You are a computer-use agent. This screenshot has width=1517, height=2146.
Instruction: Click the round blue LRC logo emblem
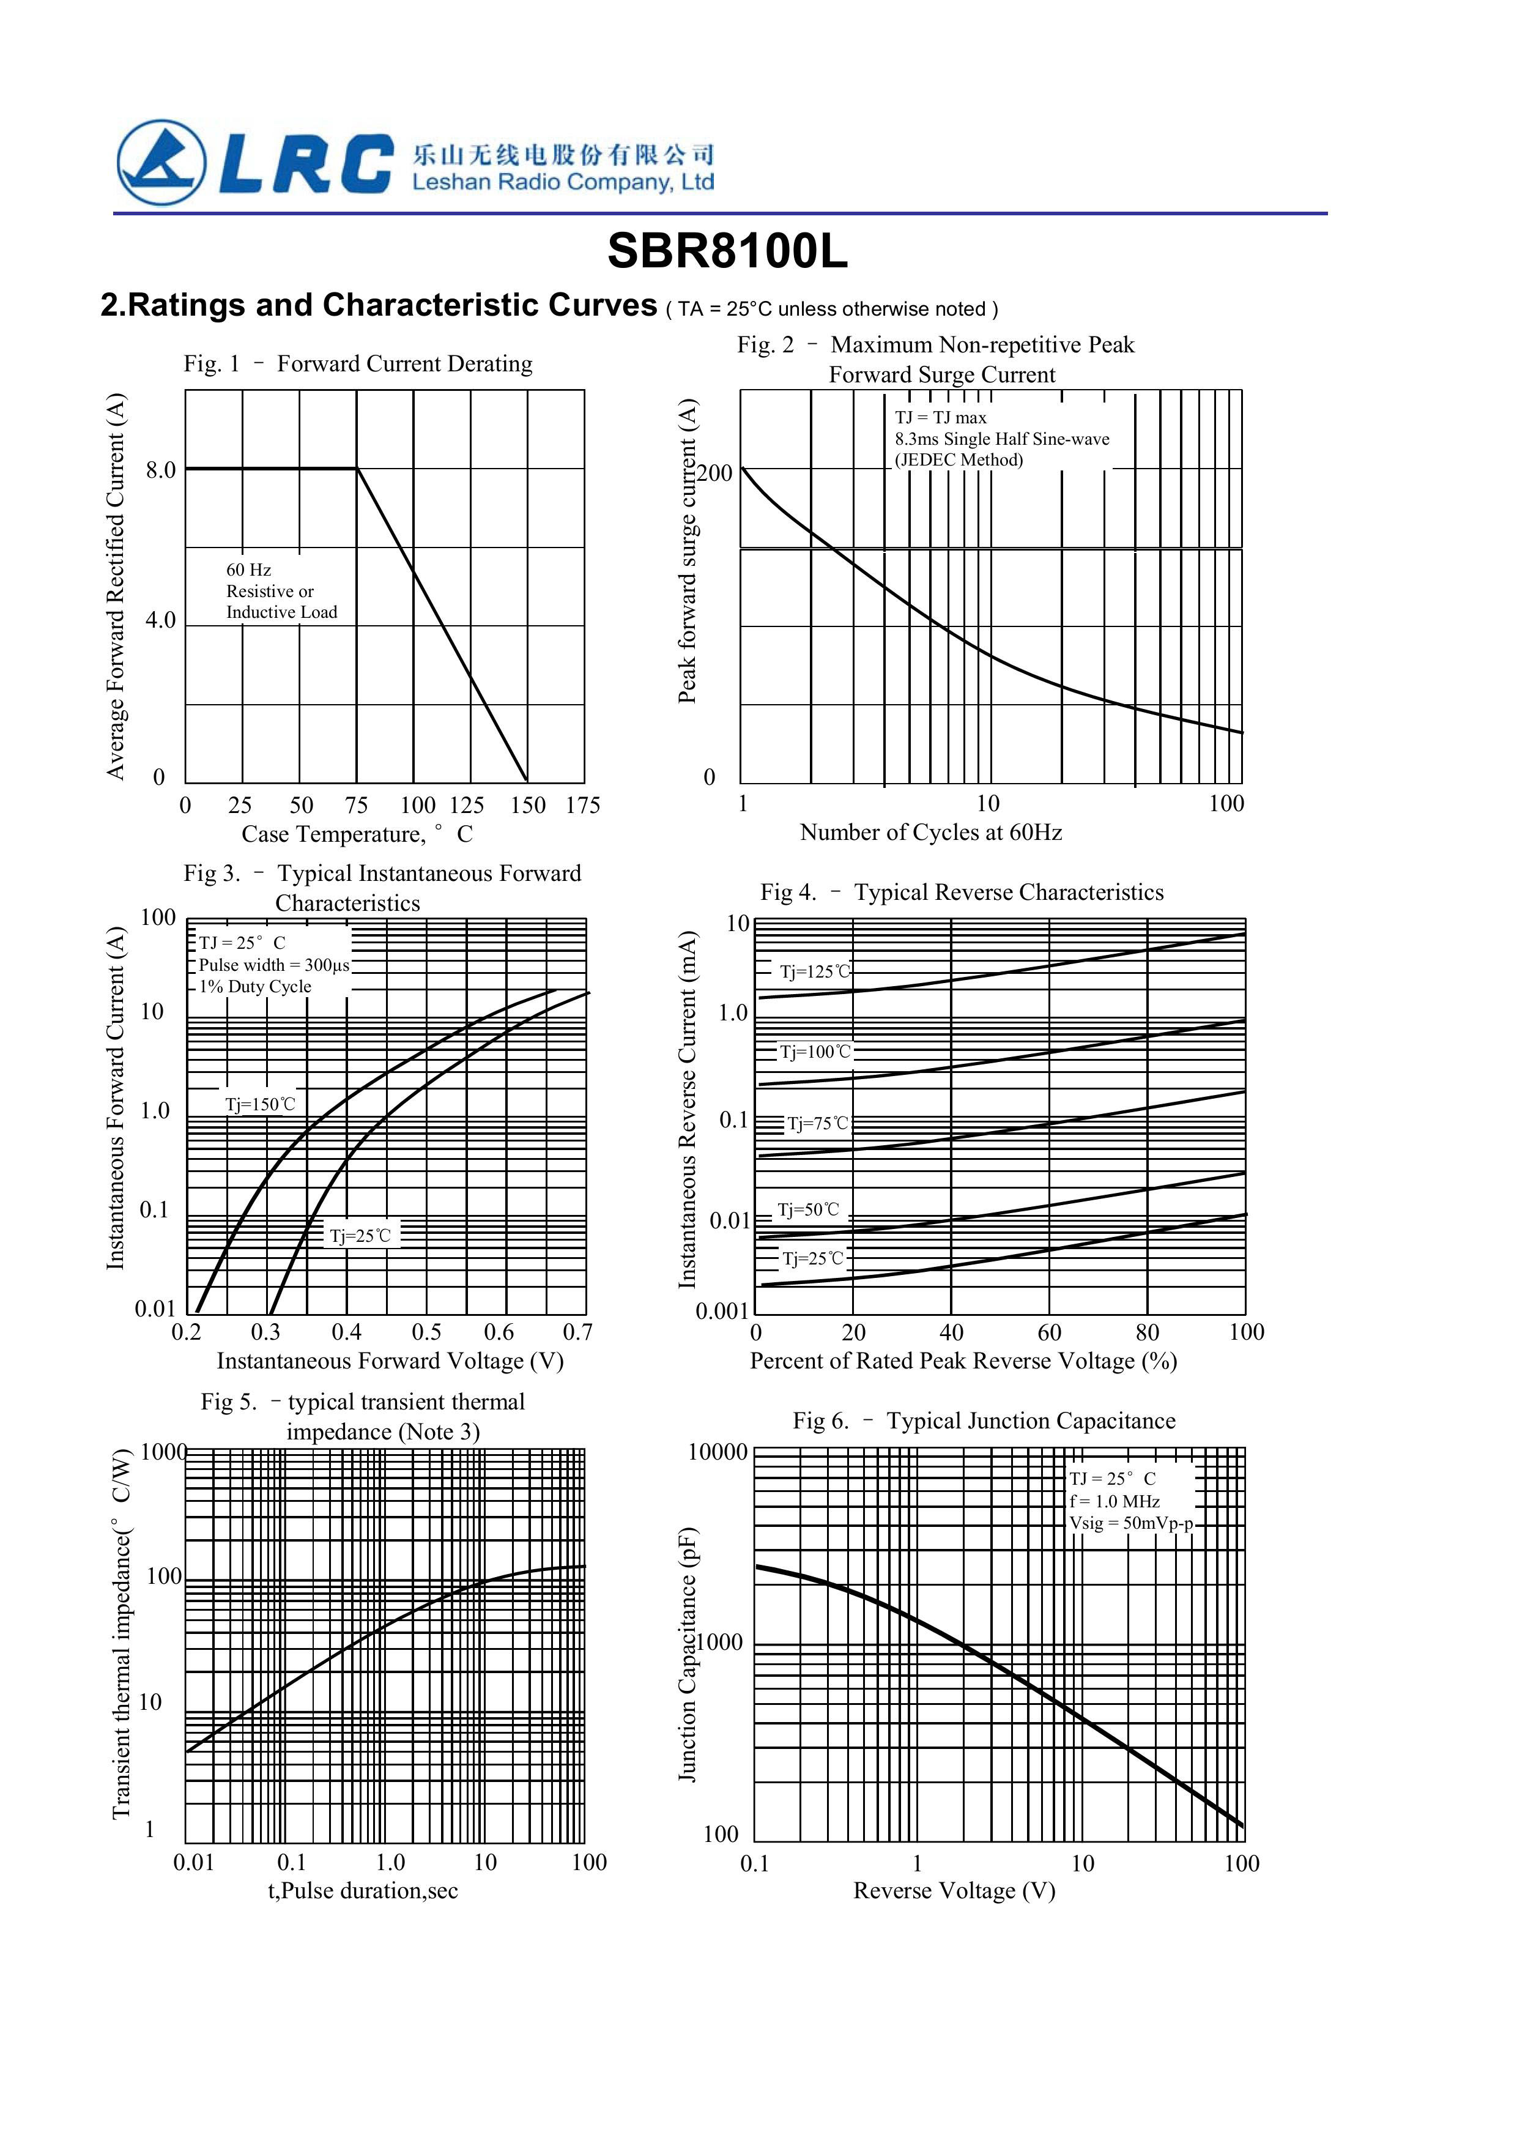161,162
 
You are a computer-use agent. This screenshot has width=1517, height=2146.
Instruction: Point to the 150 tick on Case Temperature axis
527,805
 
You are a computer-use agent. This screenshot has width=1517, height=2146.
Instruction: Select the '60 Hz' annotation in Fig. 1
248,569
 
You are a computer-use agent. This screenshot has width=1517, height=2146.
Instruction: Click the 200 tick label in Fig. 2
715,473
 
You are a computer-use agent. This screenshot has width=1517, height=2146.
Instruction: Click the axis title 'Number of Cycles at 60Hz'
931,832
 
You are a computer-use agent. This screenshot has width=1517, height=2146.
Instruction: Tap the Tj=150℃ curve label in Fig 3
260,1104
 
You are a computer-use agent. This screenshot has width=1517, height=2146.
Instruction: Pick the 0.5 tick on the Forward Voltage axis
426,1331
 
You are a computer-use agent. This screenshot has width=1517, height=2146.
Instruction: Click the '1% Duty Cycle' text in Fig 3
255,986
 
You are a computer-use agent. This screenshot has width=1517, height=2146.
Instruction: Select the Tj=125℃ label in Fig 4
815,971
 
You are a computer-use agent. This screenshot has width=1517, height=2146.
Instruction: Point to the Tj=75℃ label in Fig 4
818,1123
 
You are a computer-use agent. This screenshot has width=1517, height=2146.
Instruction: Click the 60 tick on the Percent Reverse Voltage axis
1050,1331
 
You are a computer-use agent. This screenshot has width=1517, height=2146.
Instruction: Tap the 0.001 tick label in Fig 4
722,1312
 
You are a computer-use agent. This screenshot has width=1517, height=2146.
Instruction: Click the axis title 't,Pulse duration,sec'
363,1890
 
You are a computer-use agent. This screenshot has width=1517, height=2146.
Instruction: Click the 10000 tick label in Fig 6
718,1452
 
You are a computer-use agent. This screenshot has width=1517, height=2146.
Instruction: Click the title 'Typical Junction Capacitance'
1031,1420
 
